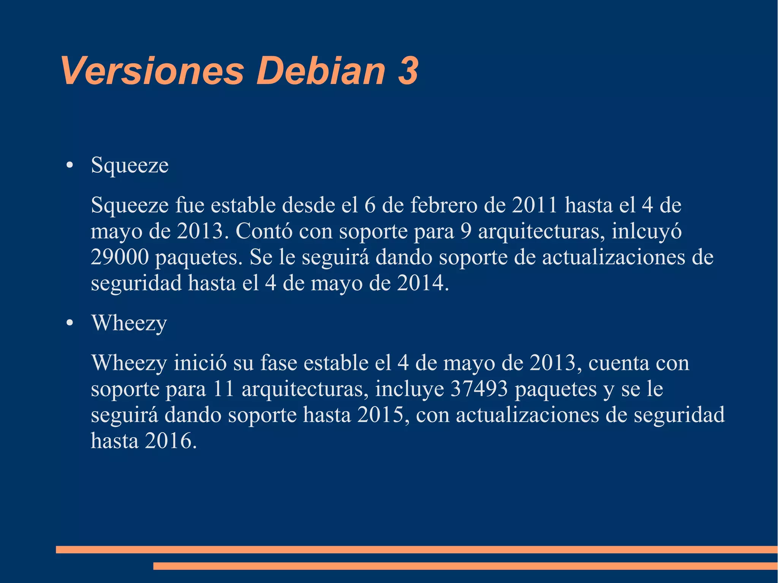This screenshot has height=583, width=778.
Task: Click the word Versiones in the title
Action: [x=152, y=71]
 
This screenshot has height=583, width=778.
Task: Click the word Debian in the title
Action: [x=321, y=71]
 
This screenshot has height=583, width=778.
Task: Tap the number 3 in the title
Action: [x=408, y=71]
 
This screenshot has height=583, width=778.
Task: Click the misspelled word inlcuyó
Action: [x=646, y=231]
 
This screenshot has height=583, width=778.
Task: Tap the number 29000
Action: [x=120, y=257]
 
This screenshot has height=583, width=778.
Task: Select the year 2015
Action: [x=380, y=415]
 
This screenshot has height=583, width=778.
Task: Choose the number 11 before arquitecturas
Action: [x=223, y=389]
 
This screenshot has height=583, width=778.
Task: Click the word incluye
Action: [x=410, y=389]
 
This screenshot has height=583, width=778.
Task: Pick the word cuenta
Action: [x=619, y=363]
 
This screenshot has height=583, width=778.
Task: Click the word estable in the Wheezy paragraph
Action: [x=336, y=363]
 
